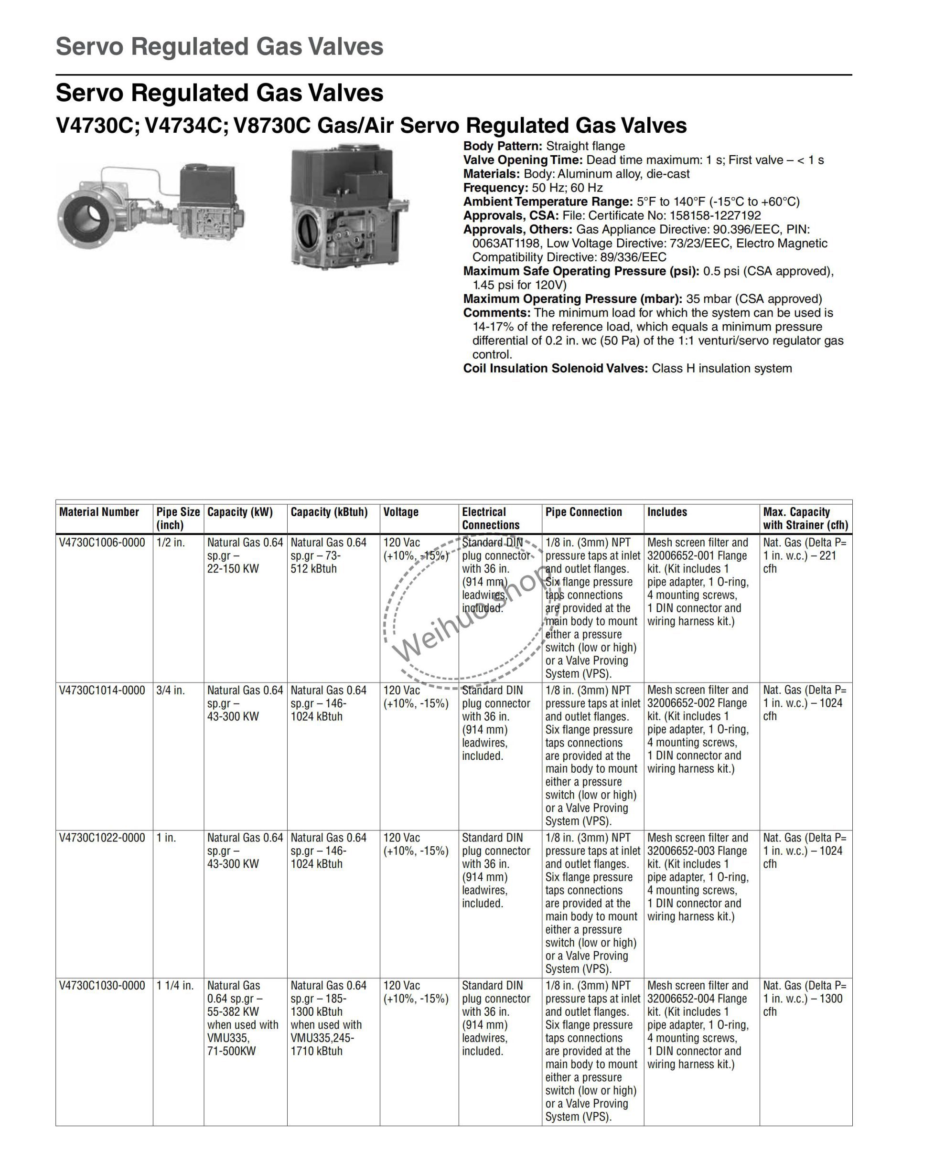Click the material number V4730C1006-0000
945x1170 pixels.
102,542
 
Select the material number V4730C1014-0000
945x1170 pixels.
102,690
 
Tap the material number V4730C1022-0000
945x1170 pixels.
102,838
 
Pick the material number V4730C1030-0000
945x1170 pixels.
102,986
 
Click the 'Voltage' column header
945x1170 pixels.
401,512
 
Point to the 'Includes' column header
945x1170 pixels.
667,512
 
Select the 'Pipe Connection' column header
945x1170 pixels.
583,512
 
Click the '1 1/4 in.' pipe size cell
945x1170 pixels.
175,986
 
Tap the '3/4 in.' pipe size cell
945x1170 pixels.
171,690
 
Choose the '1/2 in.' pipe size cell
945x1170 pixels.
171,542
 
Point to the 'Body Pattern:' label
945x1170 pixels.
503,146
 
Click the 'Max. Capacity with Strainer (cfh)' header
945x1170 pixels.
805,519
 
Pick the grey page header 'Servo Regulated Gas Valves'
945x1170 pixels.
219,46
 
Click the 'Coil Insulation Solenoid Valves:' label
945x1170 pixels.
555,368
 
